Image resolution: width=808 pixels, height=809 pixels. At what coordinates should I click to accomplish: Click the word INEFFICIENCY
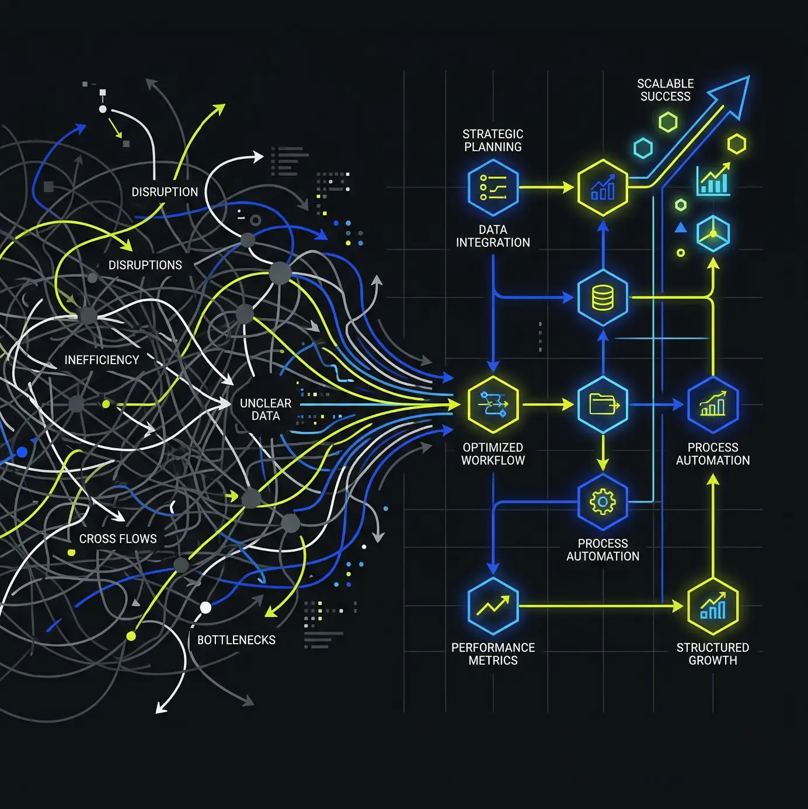[102, 360]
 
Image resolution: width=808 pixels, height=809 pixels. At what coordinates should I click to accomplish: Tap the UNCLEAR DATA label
[265, 409]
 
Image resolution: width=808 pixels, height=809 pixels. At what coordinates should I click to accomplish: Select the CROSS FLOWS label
[118, 539]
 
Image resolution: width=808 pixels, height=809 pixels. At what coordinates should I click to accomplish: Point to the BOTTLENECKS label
[236, 640]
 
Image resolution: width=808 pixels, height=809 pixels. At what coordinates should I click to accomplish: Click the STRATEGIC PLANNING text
[493, 140]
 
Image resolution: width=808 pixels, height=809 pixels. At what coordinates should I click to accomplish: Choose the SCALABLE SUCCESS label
[665, 90]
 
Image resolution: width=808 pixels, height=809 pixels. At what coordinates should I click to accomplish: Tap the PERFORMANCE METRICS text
[493, 654]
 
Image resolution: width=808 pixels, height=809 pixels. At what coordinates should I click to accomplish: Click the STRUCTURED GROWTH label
[712, 654]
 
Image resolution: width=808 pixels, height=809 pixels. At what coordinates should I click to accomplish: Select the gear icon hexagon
[602, 501]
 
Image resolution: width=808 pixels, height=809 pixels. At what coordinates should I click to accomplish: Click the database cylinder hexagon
[602, 298]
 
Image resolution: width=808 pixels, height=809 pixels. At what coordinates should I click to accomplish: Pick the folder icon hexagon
[602, 404]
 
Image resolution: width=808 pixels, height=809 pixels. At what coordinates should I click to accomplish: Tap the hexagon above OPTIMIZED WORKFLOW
[493, 404]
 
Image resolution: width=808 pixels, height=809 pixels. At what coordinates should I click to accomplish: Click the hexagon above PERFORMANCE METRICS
[493, 606]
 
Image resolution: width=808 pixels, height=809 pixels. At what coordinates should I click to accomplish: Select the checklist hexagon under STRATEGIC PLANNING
[493, 187]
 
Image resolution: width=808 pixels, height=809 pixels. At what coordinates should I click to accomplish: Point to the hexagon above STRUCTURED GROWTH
[712, 606]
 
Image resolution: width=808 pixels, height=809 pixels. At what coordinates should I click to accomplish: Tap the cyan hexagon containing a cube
[713, 233]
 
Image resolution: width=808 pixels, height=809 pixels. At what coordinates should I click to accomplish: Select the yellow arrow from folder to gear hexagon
[602, 453]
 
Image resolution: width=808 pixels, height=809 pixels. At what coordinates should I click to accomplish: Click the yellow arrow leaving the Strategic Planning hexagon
[546, 187]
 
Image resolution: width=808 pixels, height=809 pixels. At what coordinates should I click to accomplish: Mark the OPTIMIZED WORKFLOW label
[493, 454]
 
